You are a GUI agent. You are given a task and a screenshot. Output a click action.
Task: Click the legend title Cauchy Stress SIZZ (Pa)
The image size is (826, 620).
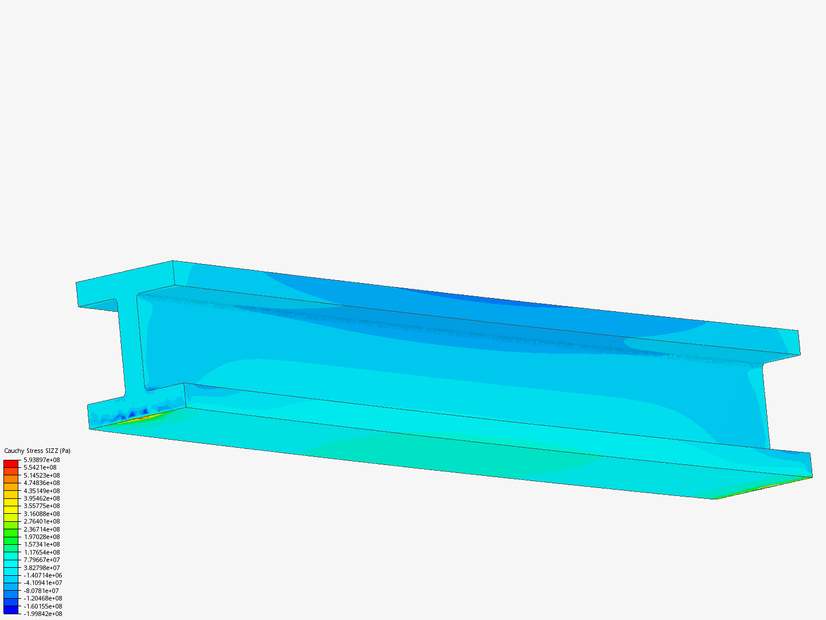37,451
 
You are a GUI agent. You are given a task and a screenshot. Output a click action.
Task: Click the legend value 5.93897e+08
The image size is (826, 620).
41,460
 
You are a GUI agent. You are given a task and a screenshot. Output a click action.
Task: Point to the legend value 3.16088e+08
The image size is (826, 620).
41,514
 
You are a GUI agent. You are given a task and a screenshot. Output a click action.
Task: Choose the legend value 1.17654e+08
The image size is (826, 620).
41,552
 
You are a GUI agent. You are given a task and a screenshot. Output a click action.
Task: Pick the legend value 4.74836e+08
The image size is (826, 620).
41,483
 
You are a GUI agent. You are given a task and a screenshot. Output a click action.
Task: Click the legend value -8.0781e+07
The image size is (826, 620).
41,591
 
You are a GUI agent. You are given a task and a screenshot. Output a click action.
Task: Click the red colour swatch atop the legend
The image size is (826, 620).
11,463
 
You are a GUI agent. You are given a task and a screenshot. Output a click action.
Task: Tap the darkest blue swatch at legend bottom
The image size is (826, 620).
11,610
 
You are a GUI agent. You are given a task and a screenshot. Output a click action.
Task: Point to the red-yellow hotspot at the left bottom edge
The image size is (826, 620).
141,417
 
